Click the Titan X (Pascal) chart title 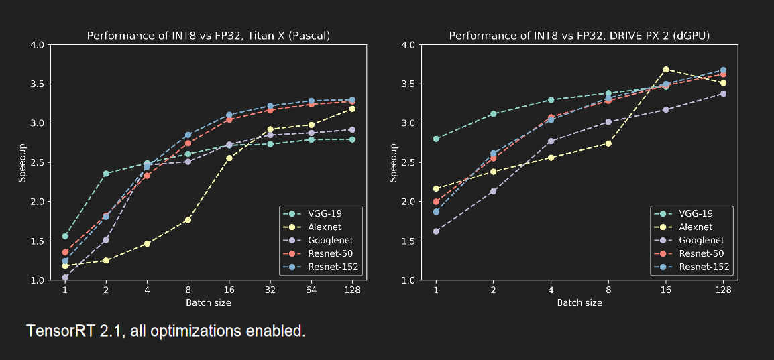[209, 35]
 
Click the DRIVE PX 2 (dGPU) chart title [579, 35]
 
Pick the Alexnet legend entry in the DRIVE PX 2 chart [692, 227]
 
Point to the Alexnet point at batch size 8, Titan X [188, 219]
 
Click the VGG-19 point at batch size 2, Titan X [106, 174]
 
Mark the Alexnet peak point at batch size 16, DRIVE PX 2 [666, 69]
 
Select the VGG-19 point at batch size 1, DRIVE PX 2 [436, 139]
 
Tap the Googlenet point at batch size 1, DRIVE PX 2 [436, 231]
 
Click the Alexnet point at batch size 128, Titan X [352, 109]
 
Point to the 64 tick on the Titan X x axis [311, 289]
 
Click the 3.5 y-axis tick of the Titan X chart [36, 84]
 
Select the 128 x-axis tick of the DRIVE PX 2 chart [723, 289]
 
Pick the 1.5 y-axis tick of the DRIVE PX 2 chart [407, 241]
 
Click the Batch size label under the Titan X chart [209, 302]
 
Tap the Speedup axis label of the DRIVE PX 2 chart [394, 162]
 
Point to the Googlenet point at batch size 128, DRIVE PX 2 [723, 93]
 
